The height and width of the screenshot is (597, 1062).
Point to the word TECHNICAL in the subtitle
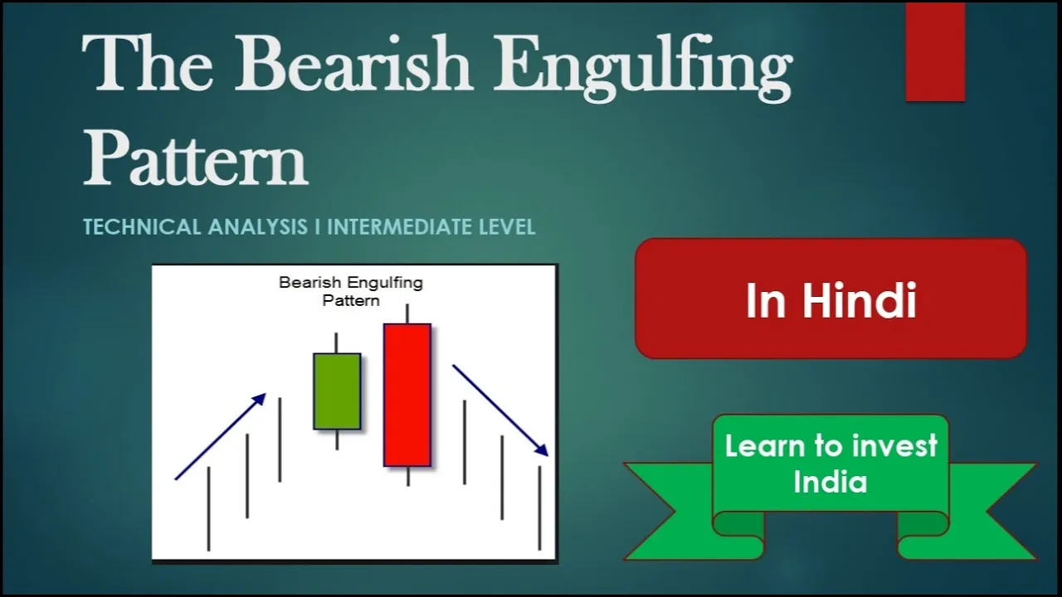tap(142, 226)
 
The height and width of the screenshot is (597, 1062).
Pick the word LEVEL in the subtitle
tap(507, 226)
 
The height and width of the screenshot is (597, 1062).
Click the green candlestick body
tap(337, 391)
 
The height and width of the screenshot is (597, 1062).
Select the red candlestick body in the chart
tap(407, 396)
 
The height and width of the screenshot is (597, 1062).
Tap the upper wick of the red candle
tap(407, 314)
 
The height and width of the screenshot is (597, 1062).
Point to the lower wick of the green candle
tap(337, 439)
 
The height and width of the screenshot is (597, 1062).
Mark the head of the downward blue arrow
tap(542, 449)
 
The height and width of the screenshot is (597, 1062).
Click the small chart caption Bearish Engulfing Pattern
tap(351, 291)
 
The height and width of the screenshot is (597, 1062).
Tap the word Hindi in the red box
tap(859, 300)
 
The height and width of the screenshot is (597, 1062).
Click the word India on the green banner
tap(831, 482)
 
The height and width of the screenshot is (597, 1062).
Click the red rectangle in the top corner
tap(935, 51)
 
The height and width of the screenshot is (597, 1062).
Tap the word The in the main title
tap(147, 62)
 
